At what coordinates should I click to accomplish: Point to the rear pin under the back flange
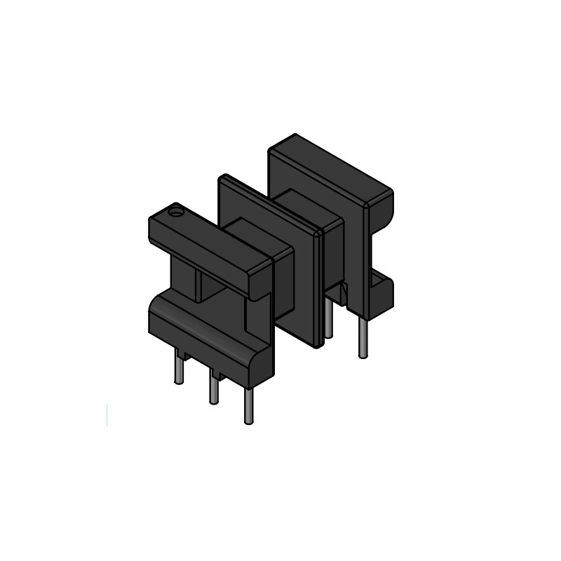pyautogui.click(x=362, y=337)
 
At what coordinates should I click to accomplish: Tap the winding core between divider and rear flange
pyautogui.click(x=309, y=203)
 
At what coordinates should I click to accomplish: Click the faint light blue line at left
pyautogui.click(x=107, y=414)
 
